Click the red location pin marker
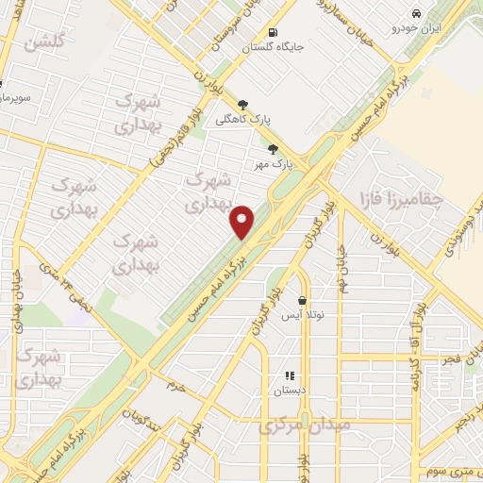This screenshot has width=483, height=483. pos(243,222)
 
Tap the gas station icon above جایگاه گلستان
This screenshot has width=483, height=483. pos(273,30)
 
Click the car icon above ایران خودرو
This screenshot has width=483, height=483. pos(416,13)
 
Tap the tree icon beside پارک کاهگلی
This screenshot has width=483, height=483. pos(243,105)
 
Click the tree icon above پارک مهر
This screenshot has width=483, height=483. pos(274,148)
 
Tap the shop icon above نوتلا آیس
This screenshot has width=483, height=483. pos(302,301)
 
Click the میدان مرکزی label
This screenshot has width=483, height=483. pos(304,425)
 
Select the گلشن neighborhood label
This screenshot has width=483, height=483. pos(46,42)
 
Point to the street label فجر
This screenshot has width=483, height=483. pos(452,360)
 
